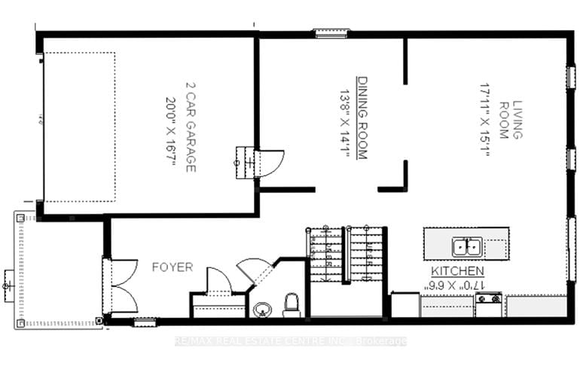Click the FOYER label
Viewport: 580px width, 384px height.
172,267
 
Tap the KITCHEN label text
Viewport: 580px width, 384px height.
457,271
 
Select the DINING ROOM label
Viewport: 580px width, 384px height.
362,117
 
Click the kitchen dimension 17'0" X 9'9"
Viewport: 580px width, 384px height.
457,285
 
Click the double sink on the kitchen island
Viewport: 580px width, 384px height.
466,245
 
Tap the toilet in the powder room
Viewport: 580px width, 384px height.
292,305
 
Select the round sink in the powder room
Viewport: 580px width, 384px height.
263,309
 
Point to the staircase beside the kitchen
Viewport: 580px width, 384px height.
346,256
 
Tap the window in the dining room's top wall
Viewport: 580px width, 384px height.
331,32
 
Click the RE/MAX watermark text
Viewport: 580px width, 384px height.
290,341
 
